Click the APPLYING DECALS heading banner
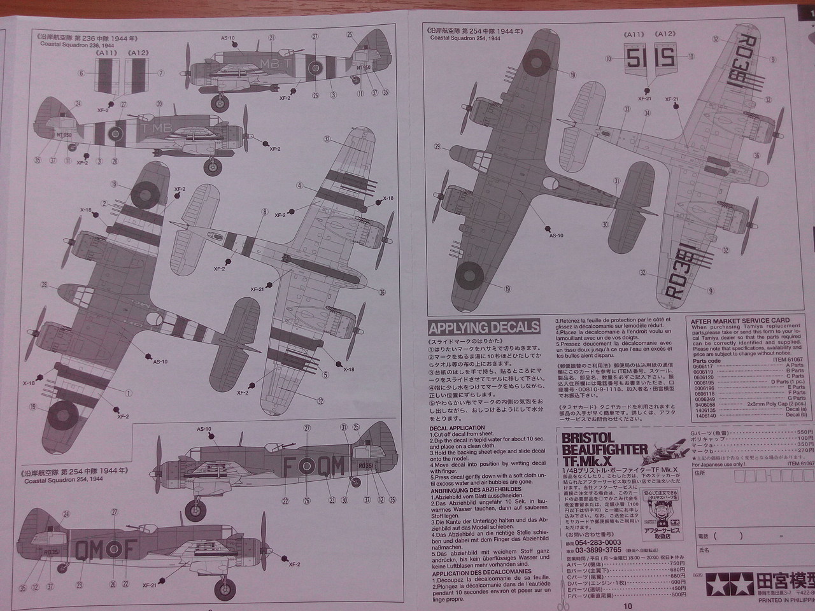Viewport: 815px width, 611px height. [484, 328]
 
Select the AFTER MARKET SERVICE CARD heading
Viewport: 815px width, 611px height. [740, 320]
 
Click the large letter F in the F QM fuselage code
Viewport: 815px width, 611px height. [287, 468]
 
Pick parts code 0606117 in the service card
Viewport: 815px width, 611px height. [703, 365]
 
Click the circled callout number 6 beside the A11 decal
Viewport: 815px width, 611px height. [82, 73]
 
